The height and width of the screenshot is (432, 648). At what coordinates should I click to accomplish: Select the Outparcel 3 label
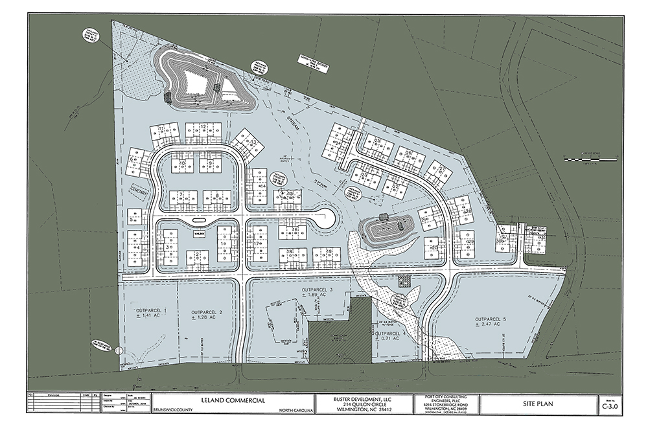317,289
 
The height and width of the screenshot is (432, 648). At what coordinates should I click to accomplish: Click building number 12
203,127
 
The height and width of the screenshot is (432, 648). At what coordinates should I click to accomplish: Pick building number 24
338,144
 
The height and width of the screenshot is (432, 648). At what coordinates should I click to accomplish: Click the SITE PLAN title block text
540,404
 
